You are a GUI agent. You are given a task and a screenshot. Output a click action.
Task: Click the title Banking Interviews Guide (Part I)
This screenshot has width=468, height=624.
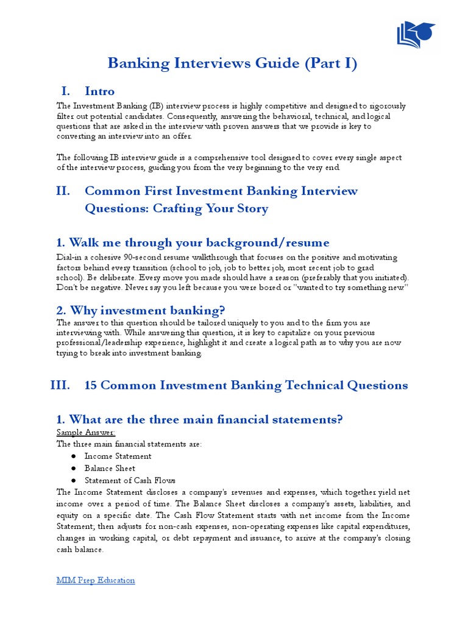pyautogui.click(x=233, y=63)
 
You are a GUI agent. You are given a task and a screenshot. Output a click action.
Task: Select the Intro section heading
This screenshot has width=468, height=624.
pyautogui.click(x=99, y=91)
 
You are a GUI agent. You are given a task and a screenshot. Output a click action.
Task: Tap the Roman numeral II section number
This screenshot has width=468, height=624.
pyautogui.click(x=63, y=191)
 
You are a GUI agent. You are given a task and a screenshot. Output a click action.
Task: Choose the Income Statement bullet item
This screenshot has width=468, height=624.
pyautogui.click(x=118, y=456)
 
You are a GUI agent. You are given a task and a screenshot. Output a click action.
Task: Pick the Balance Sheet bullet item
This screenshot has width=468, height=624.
pyautogui.click(x=110, y=468)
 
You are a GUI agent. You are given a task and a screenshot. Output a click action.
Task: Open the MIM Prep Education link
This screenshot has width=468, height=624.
pyautogui.click(x=96, y=580)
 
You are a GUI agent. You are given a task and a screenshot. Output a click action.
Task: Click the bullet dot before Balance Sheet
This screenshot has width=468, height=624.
pyautogui.click(x=73, y=469)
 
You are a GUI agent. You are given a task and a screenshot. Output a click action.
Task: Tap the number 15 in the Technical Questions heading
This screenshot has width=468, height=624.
pyautogui.click(x=91, y=385)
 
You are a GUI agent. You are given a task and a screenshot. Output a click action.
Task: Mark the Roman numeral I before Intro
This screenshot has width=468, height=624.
pyautogui.click(x=66, y=91)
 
